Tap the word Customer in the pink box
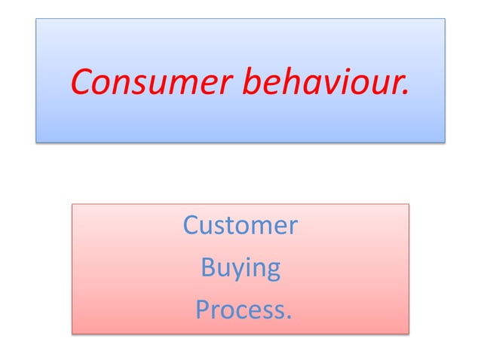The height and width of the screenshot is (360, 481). [240, 225]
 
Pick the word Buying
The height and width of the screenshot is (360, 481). [240, 268]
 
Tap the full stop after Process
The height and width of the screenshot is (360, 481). [286, 316]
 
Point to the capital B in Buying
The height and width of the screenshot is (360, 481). [207, 267]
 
